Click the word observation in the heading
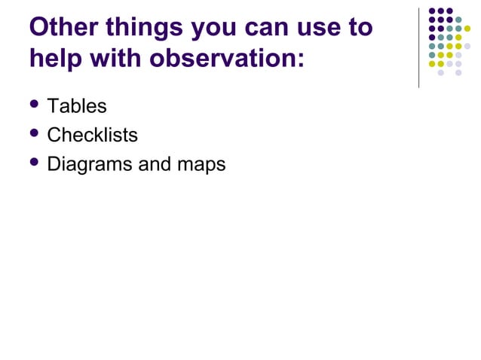(225, 57)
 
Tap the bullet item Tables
(76, 106)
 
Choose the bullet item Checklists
(92, 135)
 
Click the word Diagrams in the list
(89, 164)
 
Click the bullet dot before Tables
(34, 105)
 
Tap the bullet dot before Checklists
(34, 134)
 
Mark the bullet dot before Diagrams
(34, 163)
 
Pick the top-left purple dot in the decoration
(432, 11)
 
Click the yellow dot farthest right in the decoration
(467, 29)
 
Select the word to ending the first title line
(361, 28)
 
